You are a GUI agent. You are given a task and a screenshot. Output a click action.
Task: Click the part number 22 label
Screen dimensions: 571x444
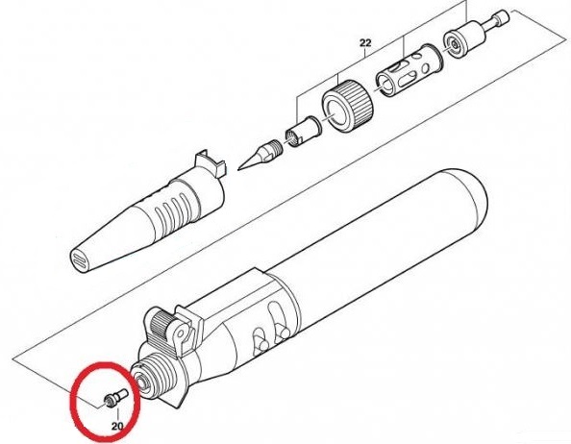(365, 43)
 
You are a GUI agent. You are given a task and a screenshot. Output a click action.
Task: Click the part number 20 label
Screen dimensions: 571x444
(117, 426)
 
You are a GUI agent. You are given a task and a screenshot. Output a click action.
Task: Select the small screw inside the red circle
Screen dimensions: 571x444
(115, 398)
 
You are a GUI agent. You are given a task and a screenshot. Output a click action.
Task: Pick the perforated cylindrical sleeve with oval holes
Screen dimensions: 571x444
(409, 72)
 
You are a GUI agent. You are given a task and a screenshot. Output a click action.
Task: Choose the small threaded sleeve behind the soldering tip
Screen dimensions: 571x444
(302, 131)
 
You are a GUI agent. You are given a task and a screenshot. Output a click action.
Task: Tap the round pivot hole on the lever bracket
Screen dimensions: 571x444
(180, 333)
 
